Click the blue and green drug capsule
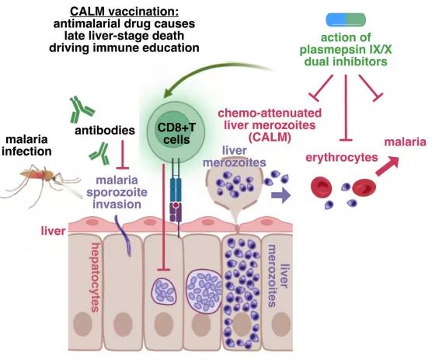click(x=346, y=19)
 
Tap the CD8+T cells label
click(x=176, y=134)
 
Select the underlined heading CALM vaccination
click(x=124, y=12)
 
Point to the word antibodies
click(x=105, y=131)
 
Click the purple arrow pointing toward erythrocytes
click(x=280, y=195)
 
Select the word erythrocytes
click(x=342, y=157)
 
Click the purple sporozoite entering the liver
click(x=124, y=236)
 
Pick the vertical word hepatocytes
click(x=96, y=278)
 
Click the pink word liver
click(x=53, y=231)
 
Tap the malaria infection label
click(x=26, y=145)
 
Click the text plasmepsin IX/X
click(x=346, y=50)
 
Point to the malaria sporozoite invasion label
click(x=117, y=192)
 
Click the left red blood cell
click(x=322, y=187)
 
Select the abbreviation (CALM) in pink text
click(x=270, y=138)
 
